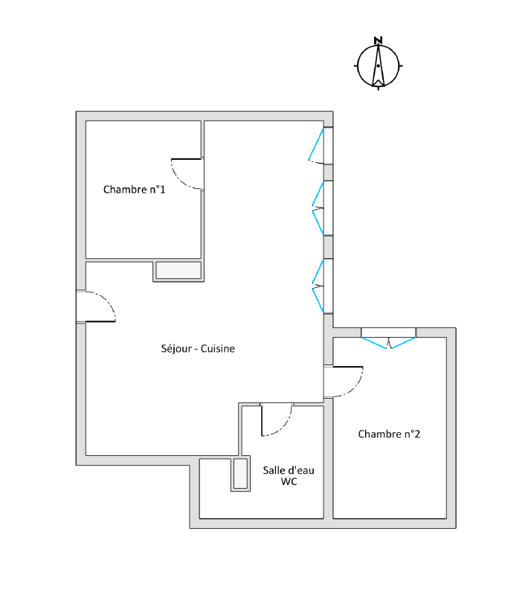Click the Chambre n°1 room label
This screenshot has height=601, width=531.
pyautogui.click(x=134, y=190)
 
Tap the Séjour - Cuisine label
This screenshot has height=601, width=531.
pyautogui.click(x=198, y=348)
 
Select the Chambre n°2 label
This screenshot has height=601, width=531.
pyautogui.click(x=389, y=434)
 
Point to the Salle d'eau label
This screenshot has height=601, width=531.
pyautogui.click(x=289, y=470)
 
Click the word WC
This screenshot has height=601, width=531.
pyautogui.click(x=289, y=481)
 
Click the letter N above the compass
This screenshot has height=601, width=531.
pyautogui.click(x=378, y=40)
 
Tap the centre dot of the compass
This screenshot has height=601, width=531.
pyautogui.click(x=378, y=66)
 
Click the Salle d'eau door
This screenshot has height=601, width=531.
pyautogui.click(x=277, y=420)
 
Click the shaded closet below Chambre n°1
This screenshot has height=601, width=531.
pyautogui.click(x=178, y=270)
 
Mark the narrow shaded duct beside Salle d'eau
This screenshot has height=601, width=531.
pyautogui.click(x=241, y=474)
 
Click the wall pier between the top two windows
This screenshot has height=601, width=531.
pyautogui.click(x=328, y=173)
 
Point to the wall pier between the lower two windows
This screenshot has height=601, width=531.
pyautogui.click(x=328, y=247)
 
